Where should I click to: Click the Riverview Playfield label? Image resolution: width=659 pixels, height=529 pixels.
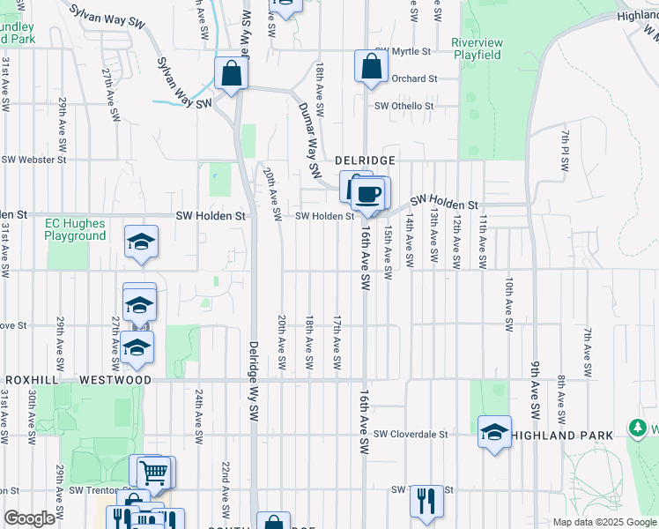(x=476, y=48)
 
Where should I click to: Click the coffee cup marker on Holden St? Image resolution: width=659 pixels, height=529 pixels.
(x=369, y=192)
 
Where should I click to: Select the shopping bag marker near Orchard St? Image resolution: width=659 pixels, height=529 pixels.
(x=372, y=65)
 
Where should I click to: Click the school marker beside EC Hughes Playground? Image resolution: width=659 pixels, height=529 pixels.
(x=141, y=242)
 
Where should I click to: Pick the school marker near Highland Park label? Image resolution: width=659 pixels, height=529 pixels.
(x=495, y=432)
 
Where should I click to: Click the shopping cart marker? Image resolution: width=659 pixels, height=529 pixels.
(x=153, y=473)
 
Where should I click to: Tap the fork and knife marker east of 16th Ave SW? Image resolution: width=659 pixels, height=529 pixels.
(x=426, y=500)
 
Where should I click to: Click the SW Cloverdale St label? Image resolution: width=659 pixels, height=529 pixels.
(x=411, y=434)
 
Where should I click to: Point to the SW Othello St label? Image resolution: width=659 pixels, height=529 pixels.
(x=404, y=106)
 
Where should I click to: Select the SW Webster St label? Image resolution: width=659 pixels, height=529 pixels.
(x=33, y=160)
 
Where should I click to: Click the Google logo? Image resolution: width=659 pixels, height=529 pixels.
(x=29, y=518)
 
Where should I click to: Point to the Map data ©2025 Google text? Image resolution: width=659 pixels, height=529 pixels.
(x=603, y=522)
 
